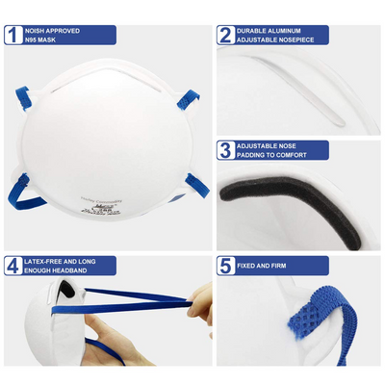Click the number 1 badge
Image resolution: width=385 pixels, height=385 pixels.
(x=13, y=36)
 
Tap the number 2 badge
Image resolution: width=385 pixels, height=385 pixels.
(x=226, y=36)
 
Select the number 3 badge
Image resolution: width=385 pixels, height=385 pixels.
(x=226, y=150)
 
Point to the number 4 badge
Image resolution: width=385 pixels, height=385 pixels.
(x=13, y=265)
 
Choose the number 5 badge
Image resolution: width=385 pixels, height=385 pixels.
(x=226, y=265)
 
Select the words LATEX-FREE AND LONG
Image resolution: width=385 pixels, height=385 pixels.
(x=61, y=259)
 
